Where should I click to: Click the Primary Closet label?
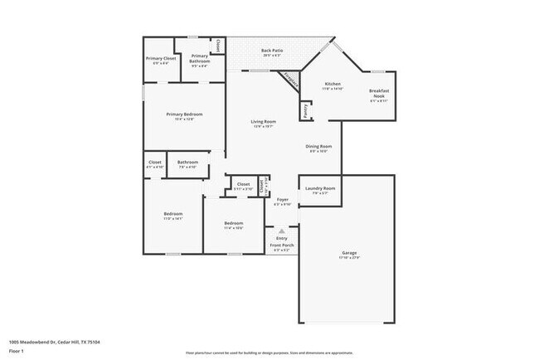click(161, 59)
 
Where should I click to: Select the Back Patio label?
click(272, 51)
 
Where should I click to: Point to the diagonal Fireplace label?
click(291, 80)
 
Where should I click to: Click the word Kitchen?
click(333, 85)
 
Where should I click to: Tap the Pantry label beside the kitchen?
click(305, 110)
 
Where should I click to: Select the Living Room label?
click(264, 122)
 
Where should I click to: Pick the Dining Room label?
click(319, 147)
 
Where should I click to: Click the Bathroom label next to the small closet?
click(187, 162)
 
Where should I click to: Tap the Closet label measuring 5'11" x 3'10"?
click(243, 184)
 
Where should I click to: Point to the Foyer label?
click(282, 200)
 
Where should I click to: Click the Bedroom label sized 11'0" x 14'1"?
click(172, 214)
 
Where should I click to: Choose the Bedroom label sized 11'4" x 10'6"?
click(233, 223)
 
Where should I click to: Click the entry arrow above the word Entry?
click(282, 231)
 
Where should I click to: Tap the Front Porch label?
click(282, 245)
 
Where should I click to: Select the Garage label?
click(350, 252)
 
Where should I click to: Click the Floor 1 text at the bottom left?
click(17, 350)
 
